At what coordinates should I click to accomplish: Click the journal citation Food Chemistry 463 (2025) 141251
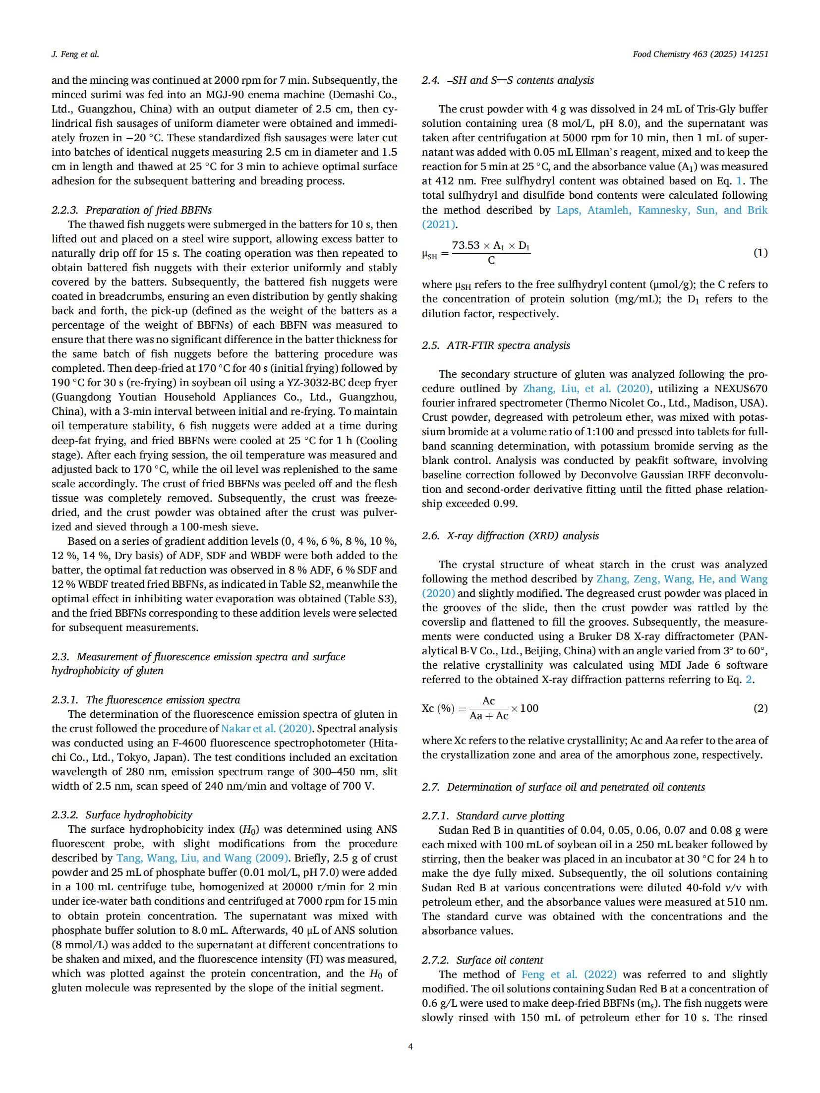tap(700, 55)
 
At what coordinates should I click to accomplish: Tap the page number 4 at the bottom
tap(410, 1046)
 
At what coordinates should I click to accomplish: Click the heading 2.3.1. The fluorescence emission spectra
tap(146, 699)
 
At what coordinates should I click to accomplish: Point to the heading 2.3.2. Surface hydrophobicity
tap(121, 814)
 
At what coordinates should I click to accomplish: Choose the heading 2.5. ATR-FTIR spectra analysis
tap(496, 345)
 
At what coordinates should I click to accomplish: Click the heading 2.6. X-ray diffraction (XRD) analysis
tap(510, 535)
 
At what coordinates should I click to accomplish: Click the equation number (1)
tap(760, 253)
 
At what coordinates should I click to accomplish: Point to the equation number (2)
tap(760, 708)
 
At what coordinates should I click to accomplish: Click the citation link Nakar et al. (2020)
tap(266, 729)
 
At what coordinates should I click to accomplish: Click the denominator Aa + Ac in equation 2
tap(488, 716)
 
